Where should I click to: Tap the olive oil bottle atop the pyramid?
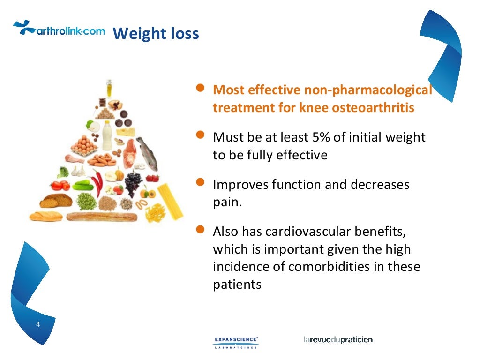109,88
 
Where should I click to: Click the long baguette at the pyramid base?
102,217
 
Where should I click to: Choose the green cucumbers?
81,185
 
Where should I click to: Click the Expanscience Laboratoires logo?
236,342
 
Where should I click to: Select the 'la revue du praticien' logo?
338,339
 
